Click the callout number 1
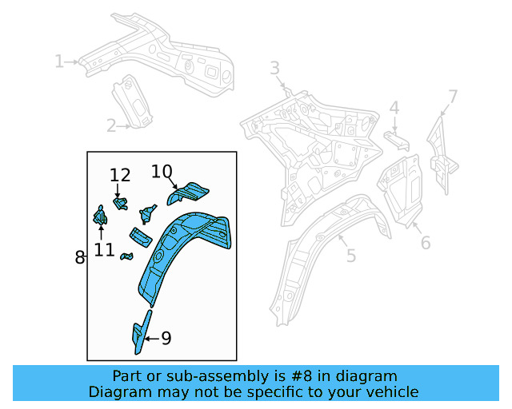click(x=59, y=61)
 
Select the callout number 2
click(x=111, y=125)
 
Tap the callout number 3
click(x=274, y=68)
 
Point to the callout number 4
click(x=394, y=108)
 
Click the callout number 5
click(x=350, y=256)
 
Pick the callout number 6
click(x=426, y=241)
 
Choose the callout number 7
click(x=453, y=97)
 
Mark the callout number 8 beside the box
click(x=79, y=257)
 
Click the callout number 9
click(x=166, y=339)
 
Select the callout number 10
click(x=162, y=172)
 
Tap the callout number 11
click(x=104, y=250)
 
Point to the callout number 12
click(x=120, y=176)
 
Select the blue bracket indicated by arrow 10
click(x=190, y=193)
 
